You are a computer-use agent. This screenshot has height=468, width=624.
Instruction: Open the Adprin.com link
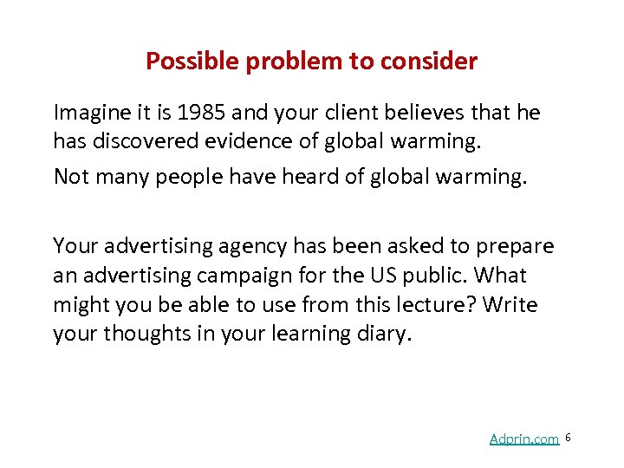523,439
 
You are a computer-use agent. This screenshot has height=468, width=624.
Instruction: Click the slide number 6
568,438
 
